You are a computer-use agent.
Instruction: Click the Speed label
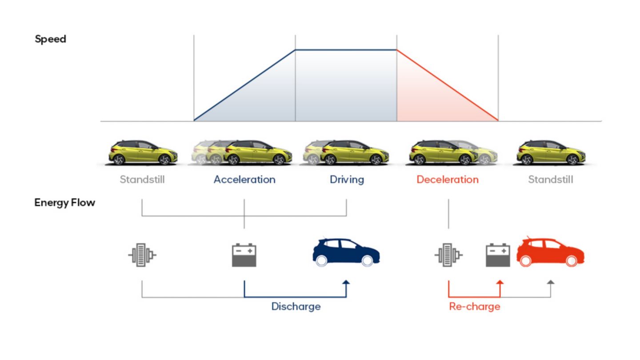[50, 39]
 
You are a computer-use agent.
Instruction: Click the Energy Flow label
[64, 203]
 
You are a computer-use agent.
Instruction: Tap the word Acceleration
[244, 180]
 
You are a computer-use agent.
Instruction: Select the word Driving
[347, 180]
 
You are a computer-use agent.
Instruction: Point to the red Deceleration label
[448, 180]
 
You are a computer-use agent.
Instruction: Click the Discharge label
[296, 307]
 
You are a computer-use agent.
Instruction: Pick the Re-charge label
[475, 307]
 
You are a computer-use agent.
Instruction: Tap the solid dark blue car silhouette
[346, 252]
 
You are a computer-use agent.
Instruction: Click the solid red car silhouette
[550, 252]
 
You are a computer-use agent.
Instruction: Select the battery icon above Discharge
[244, 255]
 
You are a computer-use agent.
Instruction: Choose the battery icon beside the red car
[498, 255]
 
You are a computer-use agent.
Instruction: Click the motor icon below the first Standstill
[142, 255]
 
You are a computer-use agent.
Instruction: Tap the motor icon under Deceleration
[448, 255]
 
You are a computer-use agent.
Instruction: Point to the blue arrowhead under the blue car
[346, 282]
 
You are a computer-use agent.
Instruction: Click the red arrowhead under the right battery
[500, 282]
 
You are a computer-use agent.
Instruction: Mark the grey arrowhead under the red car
[551, 282]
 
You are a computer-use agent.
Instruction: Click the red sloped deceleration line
[448, 85]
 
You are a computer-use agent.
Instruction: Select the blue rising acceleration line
[244, 85]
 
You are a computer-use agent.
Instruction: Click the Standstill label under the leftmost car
[142, 180]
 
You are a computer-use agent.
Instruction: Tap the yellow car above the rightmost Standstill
[551, 152]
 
